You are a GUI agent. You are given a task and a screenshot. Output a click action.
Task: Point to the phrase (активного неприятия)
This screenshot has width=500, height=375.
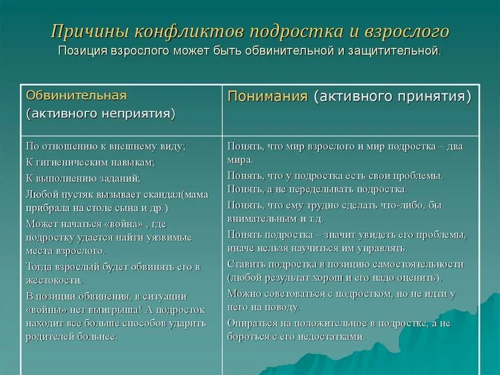(101, 114)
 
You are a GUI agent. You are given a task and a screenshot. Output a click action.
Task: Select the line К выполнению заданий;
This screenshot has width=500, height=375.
(83, 178)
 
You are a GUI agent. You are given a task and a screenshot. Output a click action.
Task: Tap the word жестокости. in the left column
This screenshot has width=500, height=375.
(54, 280)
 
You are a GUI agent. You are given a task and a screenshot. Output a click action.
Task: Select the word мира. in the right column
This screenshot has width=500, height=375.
(240, 159)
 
